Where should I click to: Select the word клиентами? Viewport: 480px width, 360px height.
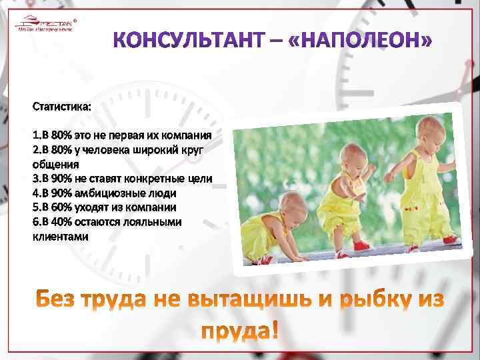(x=61, y=237)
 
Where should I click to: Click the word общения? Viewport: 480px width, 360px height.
(x=56, y=163)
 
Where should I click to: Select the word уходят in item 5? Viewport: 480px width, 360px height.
(x=99, y=207)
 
